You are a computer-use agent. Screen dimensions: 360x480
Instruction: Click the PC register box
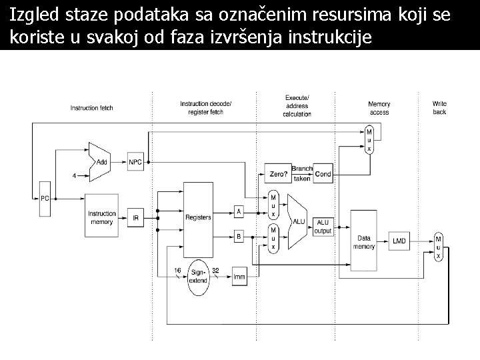[x=45, y=198]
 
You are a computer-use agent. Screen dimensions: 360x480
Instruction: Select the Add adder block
[x=101, y=161]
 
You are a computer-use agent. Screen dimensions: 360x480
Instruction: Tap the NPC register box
[x=135, y=161]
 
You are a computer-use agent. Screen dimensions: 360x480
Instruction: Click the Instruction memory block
[x=102, y=217]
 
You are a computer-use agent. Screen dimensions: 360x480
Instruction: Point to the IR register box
[x=135, y=217]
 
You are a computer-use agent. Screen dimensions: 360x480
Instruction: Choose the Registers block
[x=199, y=217]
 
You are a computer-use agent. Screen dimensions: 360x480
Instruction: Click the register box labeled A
[x=239, y=211]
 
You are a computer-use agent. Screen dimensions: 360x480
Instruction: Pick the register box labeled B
[x=239, y=236]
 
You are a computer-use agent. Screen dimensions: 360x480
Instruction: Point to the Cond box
[x=323, y=173]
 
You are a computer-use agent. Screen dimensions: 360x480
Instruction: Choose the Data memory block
[x=364, y=241]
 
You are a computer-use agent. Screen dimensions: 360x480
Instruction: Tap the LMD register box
[x=399, y=241]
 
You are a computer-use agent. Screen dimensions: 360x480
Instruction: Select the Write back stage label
[x=439, y=108]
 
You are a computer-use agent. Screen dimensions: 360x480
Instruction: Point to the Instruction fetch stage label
[x=92, y=108]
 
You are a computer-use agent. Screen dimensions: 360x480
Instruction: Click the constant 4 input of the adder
[x=74, y=176]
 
